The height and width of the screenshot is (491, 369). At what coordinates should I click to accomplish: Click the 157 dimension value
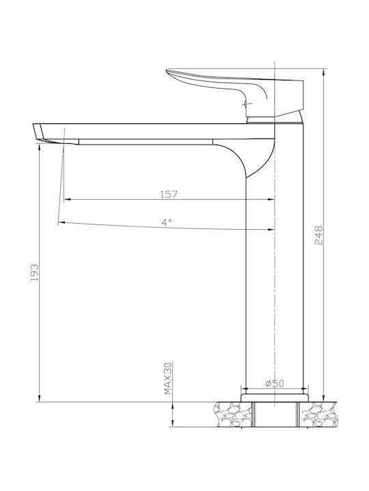click(x=169, y=194)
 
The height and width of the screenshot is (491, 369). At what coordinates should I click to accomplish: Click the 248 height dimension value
click(x=318, y=235)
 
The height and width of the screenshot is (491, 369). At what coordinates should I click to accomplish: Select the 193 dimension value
click(x=35, y=272)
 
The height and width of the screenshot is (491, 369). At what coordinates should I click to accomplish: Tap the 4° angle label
click(x=167, y=222)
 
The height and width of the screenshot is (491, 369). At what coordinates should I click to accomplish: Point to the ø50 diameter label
click(x=275, y=383)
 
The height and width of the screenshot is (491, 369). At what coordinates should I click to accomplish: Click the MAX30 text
click(x=168, y=378)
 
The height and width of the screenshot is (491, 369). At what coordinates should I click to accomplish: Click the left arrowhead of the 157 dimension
click(x=66, y=199)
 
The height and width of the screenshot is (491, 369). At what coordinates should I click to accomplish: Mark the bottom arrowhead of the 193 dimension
click(x=39, y=398)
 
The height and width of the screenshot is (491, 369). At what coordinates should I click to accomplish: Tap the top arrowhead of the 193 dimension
click(x=39, y=147)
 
